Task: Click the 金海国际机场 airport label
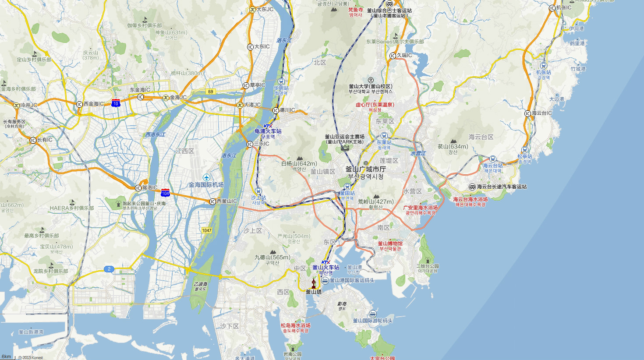(x=206, y=185)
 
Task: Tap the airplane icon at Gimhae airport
(x=206, y=177)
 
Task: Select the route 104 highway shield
(x=165, y=193)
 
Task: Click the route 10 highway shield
(x=116, y=103)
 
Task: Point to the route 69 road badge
(x=211, y=92)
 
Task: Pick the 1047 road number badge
(x=207, y=230)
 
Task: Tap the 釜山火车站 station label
(x=326, y=267)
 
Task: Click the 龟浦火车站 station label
(x=268, y=131)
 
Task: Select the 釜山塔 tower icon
(x=313, y=283)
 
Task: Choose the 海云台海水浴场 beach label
(x=470, y=199)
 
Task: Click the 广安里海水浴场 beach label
(x=420, y=208)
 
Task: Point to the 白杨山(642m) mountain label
(x=299, y=164)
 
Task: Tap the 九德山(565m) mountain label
(x=272, y=258)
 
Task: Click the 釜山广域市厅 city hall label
(x=366, y=169)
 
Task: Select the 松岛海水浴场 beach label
(x=296, y=325)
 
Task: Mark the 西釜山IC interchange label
(x=226, y=201)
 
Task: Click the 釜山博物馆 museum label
(x=390, y=244)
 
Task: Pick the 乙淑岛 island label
(x=200, y=284)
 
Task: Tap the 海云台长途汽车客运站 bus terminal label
(x=502, y=187)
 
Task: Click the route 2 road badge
(x=109, y=269)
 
